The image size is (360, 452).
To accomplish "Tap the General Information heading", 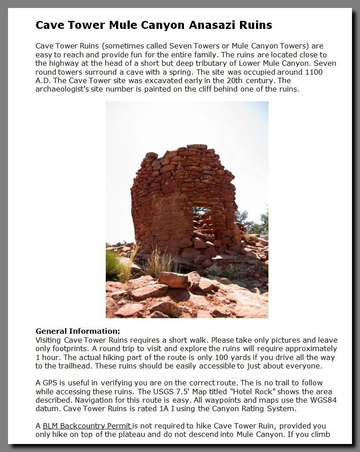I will tap(78, 331).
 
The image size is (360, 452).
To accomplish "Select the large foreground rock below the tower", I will tap(178, 280).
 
